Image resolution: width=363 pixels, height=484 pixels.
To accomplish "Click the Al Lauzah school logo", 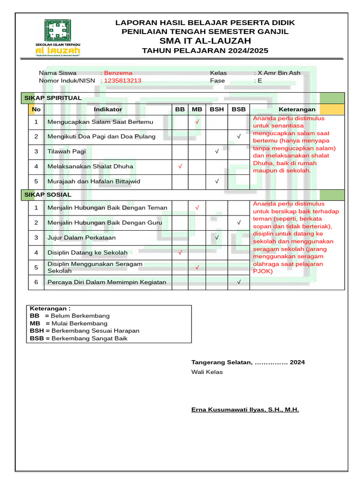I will (x=59, y=38).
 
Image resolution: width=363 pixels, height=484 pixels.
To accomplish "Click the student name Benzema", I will (x=118, y=73).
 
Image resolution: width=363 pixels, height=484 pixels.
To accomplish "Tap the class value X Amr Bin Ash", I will (x=279, y=73).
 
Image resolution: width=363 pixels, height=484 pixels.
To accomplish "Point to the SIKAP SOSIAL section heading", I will (x=47, y=194).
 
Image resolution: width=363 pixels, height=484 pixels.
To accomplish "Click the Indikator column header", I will (x=108, y=109).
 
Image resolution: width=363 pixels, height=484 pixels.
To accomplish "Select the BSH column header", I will (x=216, y=109).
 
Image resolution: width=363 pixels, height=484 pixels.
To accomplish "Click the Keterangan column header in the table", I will (x=297, y=109).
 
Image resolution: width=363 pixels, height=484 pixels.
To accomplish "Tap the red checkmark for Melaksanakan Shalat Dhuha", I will (x=180, y=166).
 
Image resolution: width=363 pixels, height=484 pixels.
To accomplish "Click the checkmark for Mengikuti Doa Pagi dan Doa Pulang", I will (x=239, y=137).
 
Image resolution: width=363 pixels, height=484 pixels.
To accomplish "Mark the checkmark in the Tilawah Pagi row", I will (x=216, y=152).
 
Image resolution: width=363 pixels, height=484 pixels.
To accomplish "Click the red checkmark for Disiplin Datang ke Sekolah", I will (x=180, y=253).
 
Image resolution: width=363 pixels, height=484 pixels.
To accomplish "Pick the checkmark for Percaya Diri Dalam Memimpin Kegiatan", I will (x=239, y=282).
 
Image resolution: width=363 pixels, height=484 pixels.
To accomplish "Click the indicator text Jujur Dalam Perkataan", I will (x=81, y=238).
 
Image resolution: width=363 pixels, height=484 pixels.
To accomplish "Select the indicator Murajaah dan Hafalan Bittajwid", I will (x=94, y=181).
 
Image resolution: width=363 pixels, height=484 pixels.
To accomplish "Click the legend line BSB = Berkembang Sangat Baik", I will (x=78, y=338).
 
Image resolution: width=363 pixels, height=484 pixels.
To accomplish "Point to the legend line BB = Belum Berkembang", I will (x=69, y=316).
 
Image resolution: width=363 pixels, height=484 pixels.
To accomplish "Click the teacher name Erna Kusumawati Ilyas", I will (x=245, y=410).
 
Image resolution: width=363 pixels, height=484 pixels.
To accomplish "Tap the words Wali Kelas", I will (x=207, y=372).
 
